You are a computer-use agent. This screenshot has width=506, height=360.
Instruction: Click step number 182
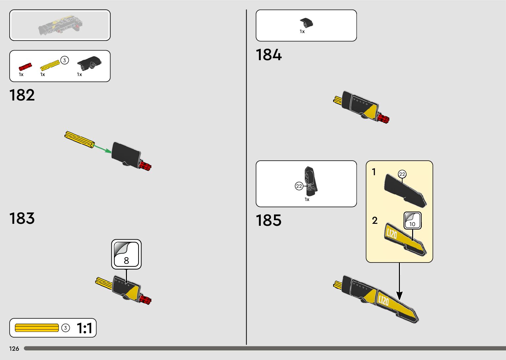[x=22, y=95]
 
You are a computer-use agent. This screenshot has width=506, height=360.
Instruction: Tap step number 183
[x=22, y=219]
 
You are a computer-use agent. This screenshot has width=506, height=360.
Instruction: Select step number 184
[x=269, y=55]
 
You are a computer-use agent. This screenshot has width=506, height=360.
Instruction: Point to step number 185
[x=269, y=220]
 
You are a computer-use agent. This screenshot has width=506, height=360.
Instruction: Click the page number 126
[x=14, y=349]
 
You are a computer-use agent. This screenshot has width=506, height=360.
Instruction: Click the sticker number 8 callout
[x=126, y=254]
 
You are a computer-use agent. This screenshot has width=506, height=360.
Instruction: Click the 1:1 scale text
[x=84, y=328]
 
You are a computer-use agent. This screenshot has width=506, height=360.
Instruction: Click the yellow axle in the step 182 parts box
[x=50, y=65]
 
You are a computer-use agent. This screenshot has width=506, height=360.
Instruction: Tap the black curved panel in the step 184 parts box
[x=306, y=23]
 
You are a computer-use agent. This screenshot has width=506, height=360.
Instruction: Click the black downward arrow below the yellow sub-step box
[x=399, y=281]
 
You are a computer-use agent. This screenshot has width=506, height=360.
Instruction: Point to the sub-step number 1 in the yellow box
[x=374, y=172]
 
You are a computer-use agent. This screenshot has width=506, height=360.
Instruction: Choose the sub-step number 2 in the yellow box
[x=374, y=220]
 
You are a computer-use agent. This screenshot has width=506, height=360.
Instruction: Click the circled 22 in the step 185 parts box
[x=299, y=186]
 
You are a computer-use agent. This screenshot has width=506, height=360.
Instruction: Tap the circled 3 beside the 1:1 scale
[x=66, y=328]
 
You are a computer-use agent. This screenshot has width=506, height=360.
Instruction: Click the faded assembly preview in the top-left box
[x=60, y=25]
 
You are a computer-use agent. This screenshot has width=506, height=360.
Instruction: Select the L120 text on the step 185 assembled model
[x=383, y=300]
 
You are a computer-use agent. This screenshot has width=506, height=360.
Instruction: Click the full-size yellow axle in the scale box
[x=37, y=328]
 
